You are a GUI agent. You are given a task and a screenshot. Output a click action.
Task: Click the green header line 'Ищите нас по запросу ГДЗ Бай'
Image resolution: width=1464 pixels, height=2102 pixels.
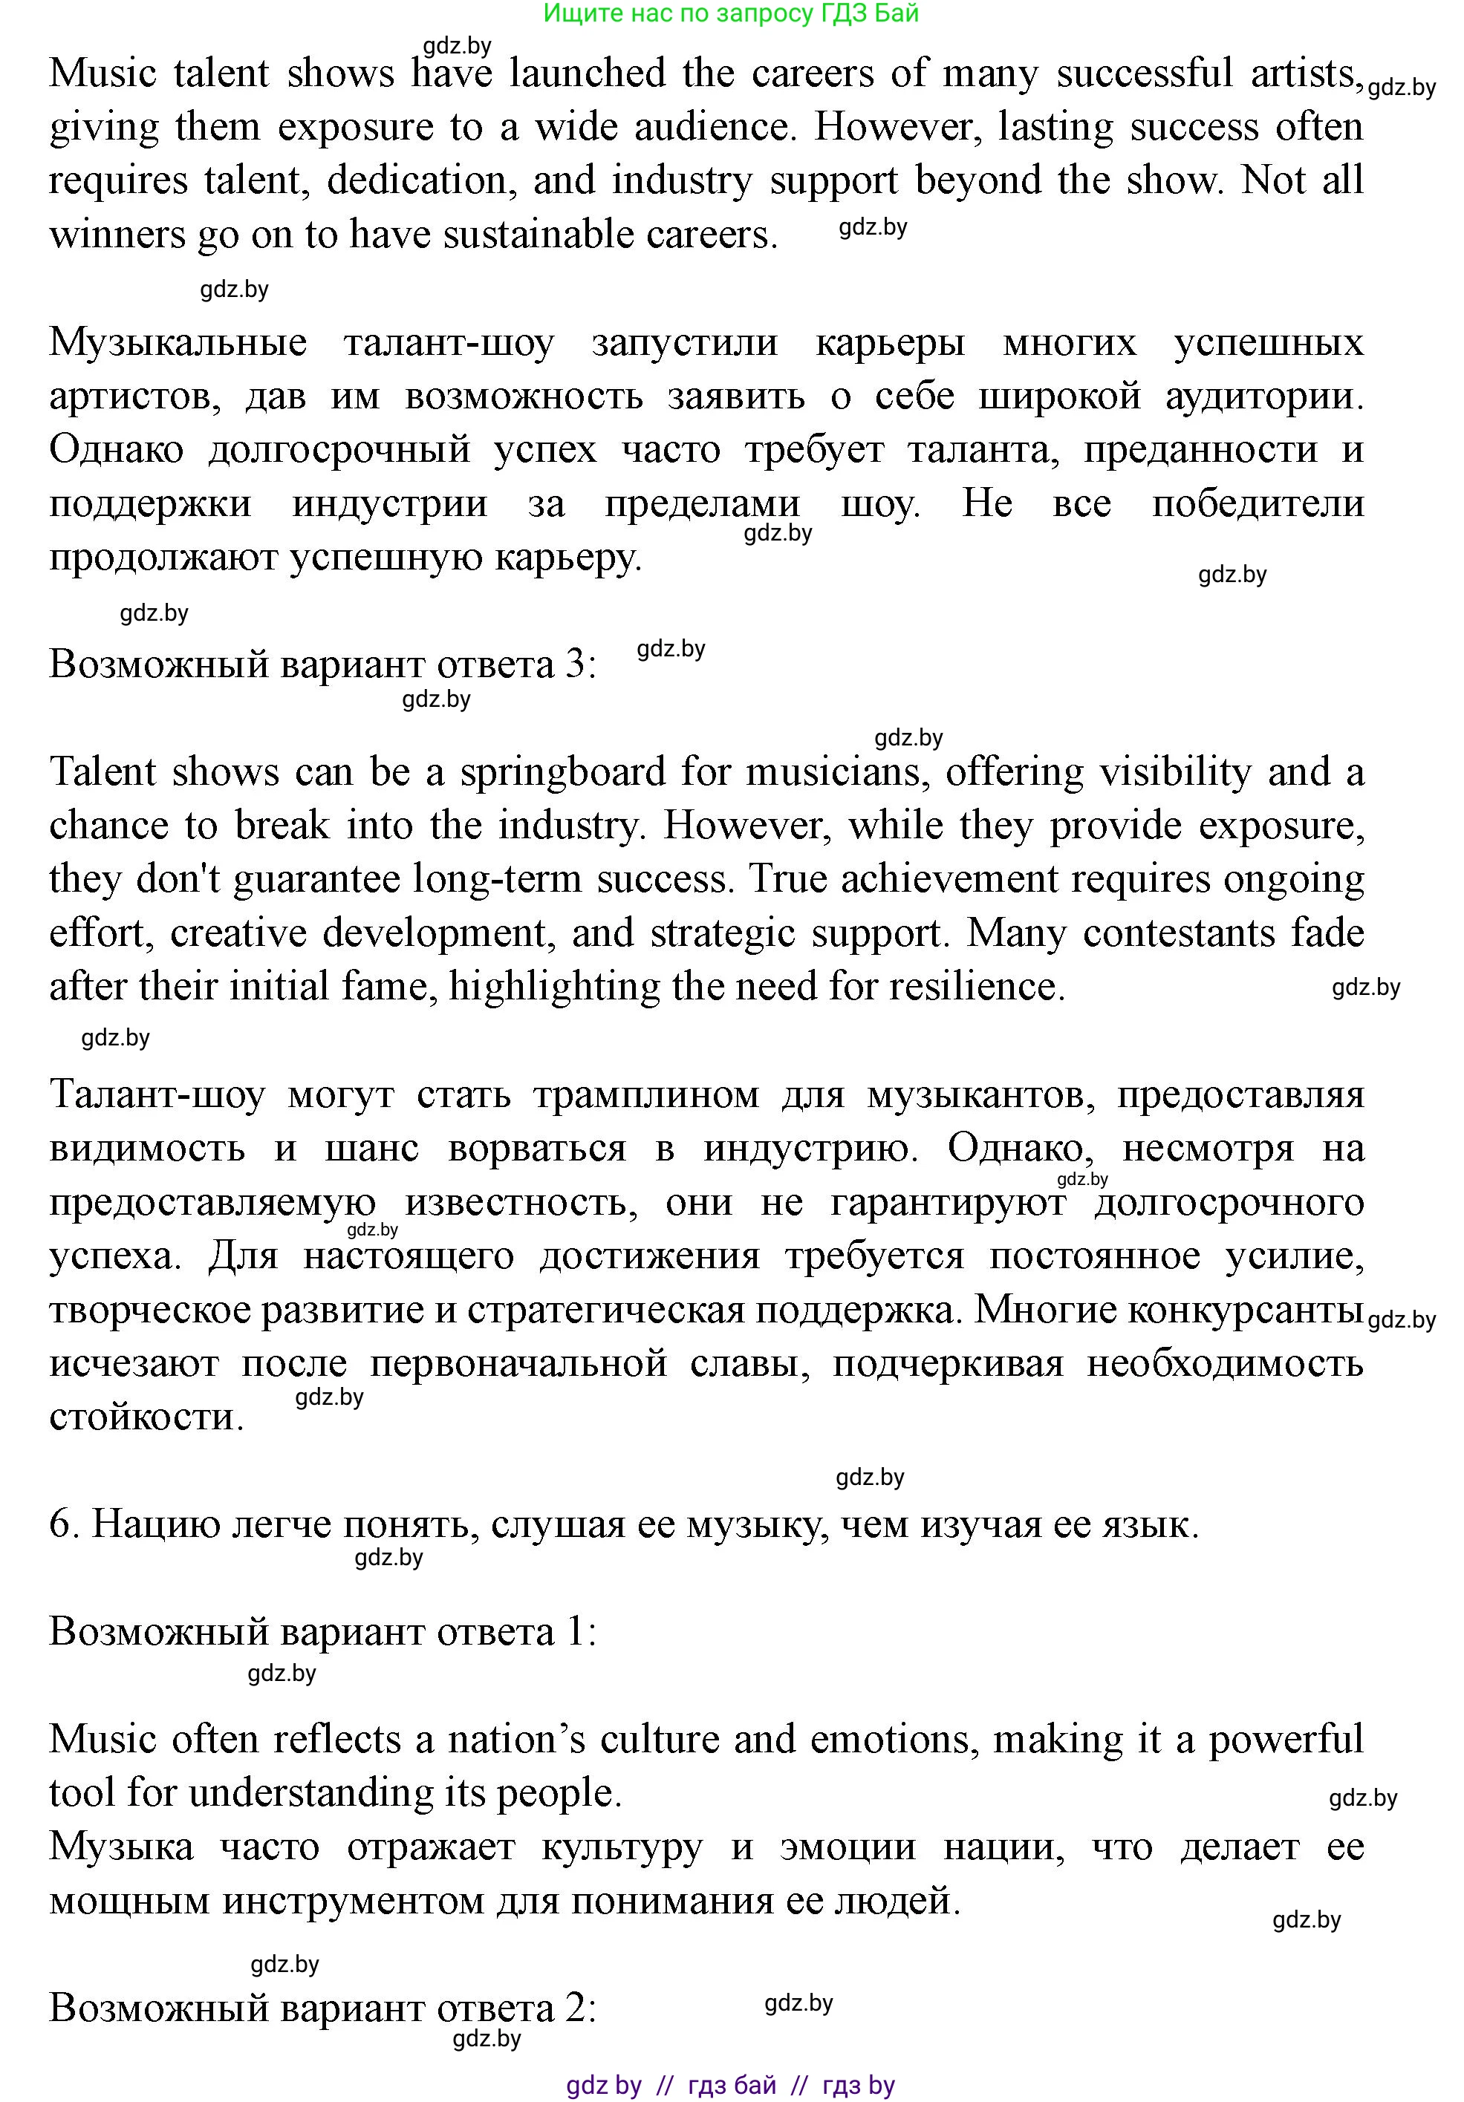point(731,13)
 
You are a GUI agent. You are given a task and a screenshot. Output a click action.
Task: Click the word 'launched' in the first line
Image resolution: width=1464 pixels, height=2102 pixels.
point(587,74)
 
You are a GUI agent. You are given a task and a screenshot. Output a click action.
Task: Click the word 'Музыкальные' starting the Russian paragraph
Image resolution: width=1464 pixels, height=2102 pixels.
point(178,342)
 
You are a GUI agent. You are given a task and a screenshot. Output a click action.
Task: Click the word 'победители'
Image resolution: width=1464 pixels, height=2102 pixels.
point(1258,503)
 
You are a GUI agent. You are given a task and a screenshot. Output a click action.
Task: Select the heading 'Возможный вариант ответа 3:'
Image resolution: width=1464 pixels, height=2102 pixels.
point(322,664)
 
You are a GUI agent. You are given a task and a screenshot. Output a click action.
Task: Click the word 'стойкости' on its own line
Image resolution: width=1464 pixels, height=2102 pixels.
point(146,1417)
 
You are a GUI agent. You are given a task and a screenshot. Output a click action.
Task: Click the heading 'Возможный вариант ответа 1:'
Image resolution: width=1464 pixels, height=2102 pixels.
point(322,1632)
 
